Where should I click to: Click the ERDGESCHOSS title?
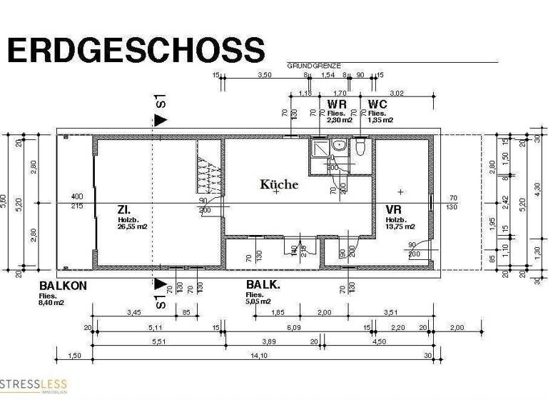click(136, 51)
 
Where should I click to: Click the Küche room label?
click(279, 184)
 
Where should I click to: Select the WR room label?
click(338, 104)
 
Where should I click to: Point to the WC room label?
click(377, 104)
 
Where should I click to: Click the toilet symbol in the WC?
click(361, 149)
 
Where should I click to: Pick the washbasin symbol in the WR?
click(340, 145)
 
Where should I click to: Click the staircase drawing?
click(208, 174)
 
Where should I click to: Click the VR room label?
click(393, 209)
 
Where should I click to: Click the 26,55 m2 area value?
click(132, 227)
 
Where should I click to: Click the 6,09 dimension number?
click(295, 327)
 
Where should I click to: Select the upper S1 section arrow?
click(161, 119)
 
